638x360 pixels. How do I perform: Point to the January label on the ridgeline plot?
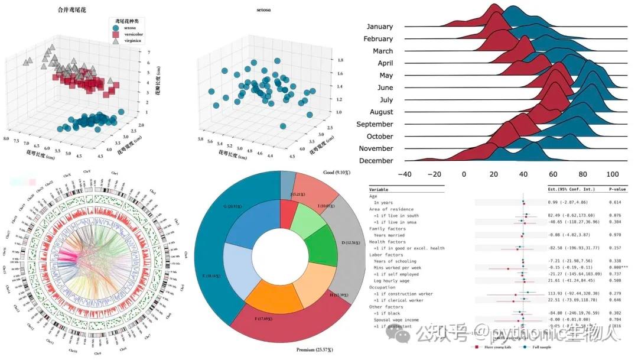click(379, 27)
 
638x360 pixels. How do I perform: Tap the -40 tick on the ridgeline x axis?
click(405, 174)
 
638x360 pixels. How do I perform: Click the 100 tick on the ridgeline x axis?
click(613, 174)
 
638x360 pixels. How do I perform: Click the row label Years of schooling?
click(394, 261)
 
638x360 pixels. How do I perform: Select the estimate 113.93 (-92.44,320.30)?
click(575, 293)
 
